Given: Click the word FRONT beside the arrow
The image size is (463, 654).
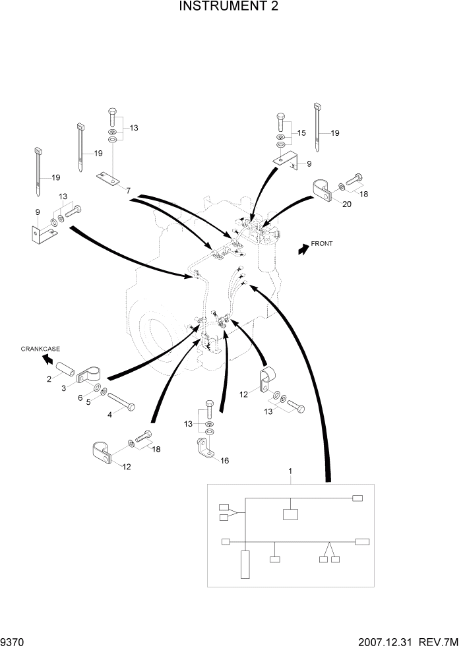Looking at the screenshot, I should pyautogui.click(x=323, y=244).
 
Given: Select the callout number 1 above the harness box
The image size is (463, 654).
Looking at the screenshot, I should pyautogui.click(x=290, y=472).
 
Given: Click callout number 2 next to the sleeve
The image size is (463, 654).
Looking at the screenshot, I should pyautogui.click(x=49, y=378).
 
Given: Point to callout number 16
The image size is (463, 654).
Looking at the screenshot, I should pyautogui.click(x=224, y=461).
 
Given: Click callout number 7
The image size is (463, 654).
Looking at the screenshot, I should pyautogui.click(x=129, y=191).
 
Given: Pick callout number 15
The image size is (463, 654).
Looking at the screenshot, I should pyautogui.click(x=301, y=133).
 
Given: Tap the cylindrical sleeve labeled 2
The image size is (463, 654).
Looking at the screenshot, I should pyautogui.click(x=66, y=367).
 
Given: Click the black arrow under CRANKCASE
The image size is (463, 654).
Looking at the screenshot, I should pyautogui.click(x=47, y=359).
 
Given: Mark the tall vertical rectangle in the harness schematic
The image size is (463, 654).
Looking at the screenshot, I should pyautogui.click(x=245, y=565).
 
